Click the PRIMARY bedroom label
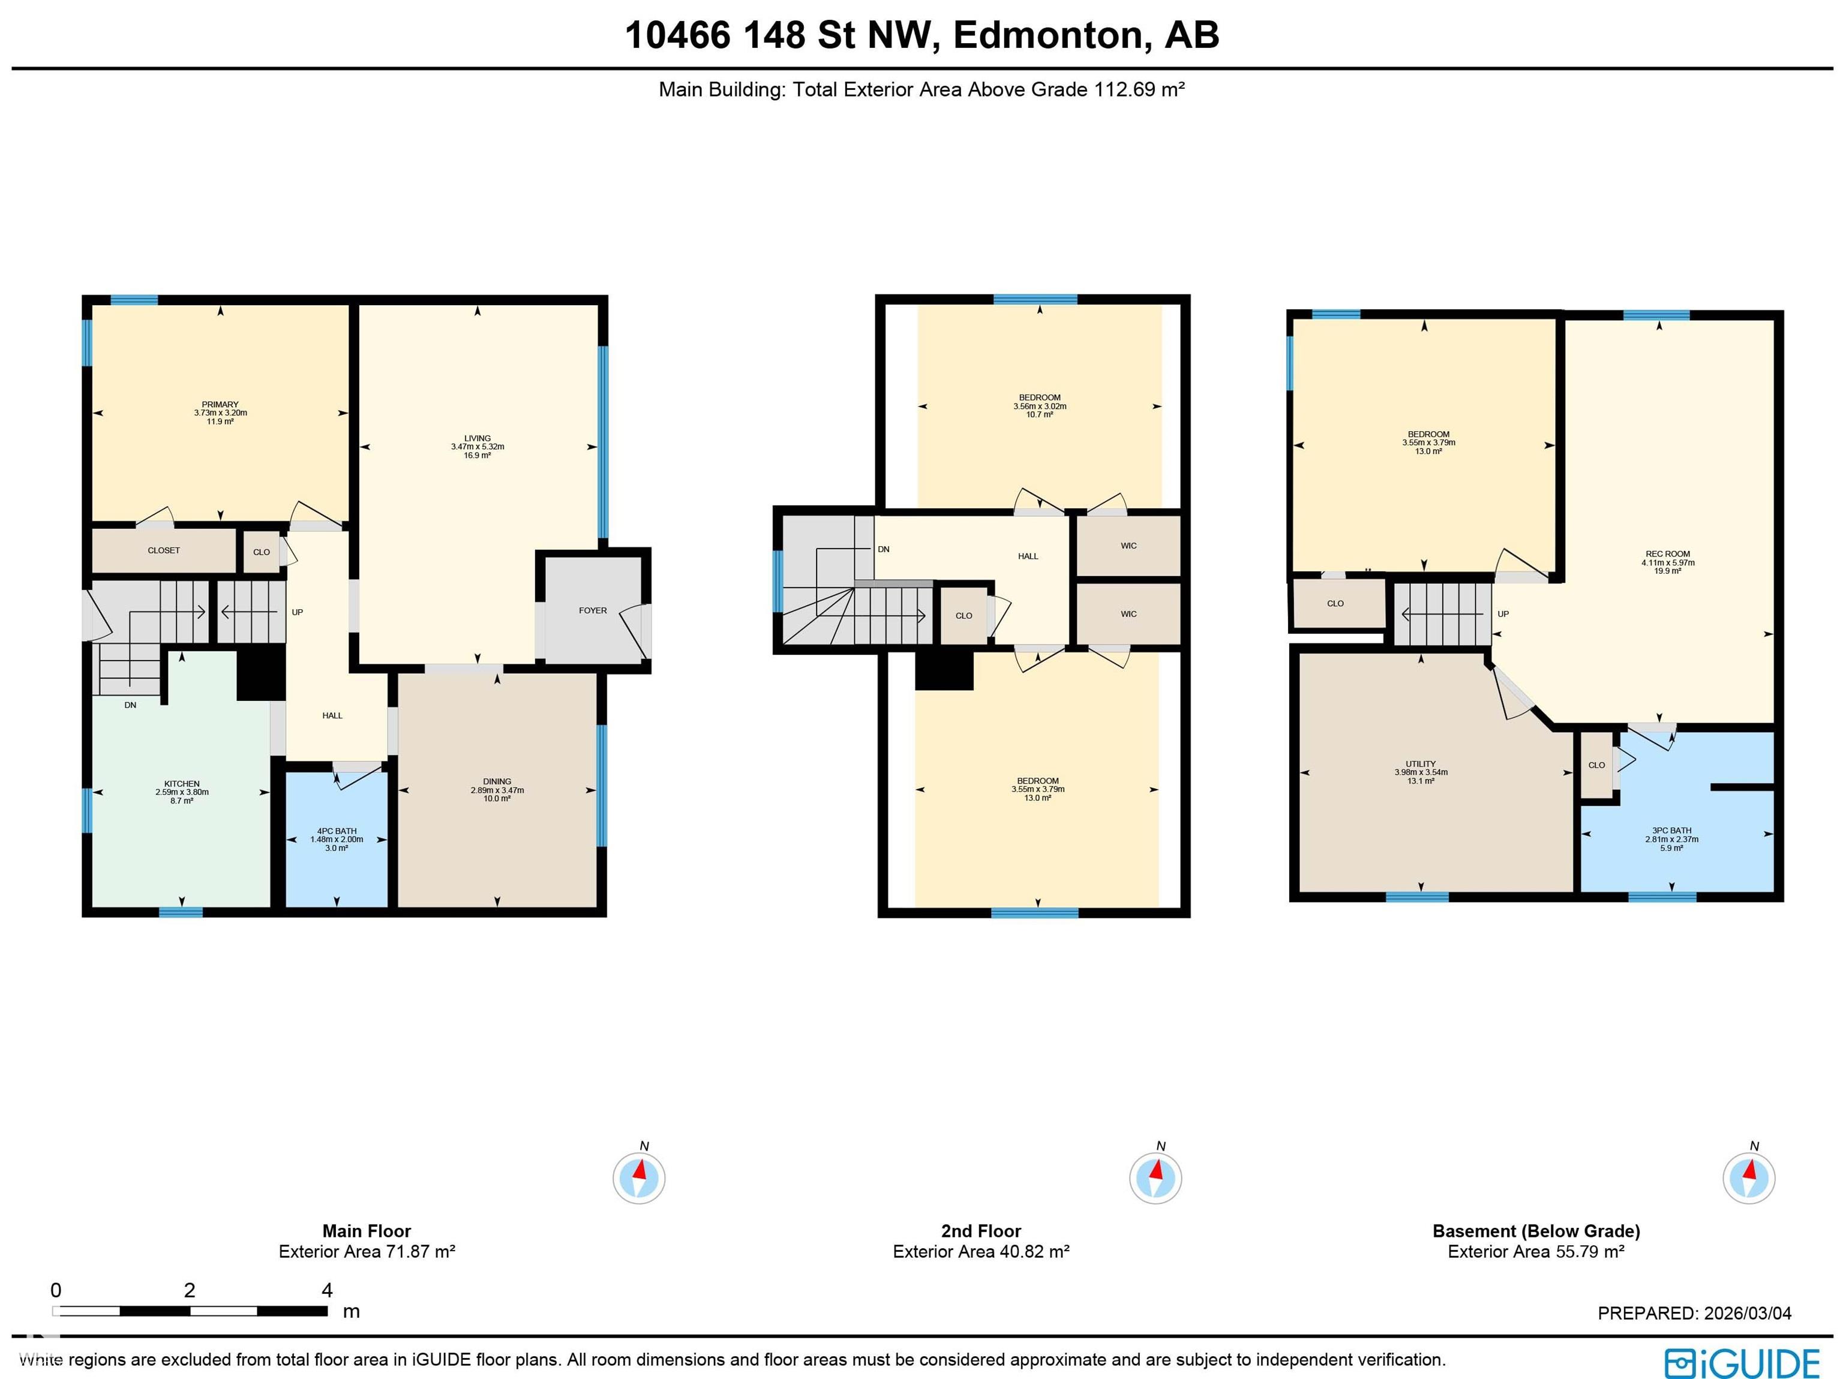tap(220, 405)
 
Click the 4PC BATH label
tap(337, 831)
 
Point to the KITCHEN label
tap(182, 784)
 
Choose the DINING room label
tap(497, 782)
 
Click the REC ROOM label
tap(1667, 554)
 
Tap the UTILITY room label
tap(1421, 764)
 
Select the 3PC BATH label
tap(1671, 830)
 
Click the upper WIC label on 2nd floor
tap(1128, 546)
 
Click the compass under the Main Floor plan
tap(639, 1178)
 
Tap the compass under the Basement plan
tap(1749, 1178)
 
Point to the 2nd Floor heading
tap(981, 1231)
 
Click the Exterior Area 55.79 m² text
tap(1536, 1252)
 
